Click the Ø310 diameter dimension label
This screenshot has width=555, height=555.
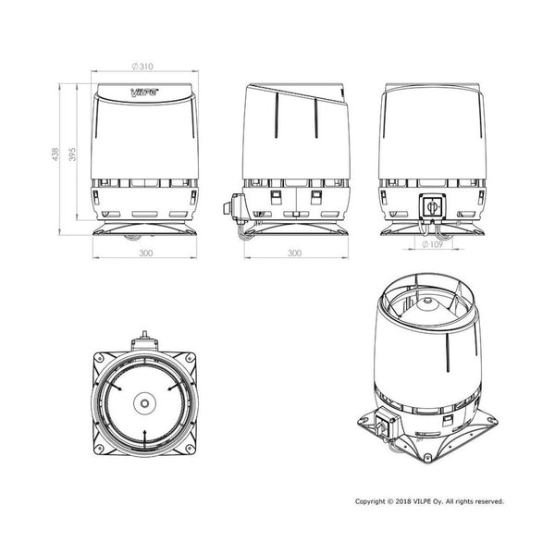tap(142, 67)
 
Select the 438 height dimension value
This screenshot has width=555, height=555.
tap(55, 154)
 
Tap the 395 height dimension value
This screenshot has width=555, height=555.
tap(72, 154)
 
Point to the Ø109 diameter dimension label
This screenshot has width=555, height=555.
tap(433, 244)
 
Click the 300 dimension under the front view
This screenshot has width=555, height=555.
tap(145, 253)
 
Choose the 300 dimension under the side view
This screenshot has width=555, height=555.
tap(294, 253)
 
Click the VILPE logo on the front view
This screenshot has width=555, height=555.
tap(145, 92)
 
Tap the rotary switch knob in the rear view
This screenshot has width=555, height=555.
tap(432, 206)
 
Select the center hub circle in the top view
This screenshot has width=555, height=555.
tap(144, 403)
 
